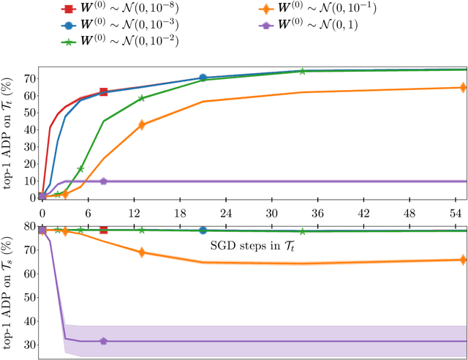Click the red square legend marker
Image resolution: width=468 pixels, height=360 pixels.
tap(67, 10)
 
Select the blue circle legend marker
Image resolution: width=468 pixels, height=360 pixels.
tap(67, 25)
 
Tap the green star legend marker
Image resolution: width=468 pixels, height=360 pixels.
tap(67, 41)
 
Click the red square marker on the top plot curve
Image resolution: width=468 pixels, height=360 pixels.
tap(103, 92)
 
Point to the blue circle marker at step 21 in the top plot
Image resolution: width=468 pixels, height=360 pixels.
tap(203, 78)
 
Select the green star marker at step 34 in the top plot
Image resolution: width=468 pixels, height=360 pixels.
tap(302, 71)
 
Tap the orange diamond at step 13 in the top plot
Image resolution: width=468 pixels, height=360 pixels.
tap(141, 125)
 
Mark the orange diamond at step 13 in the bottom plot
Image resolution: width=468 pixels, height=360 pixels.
tap(141, 252)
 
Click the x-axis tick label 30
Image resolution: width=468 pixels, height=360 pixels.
tap(271, 213)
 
